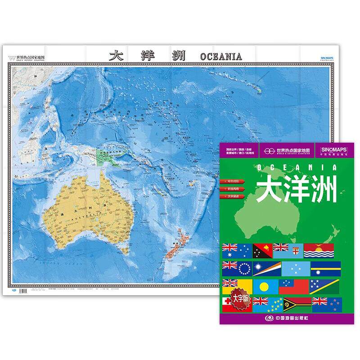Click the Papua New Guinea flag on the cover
(x=262, y=250)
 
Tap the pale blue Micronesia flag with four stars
(x=293, y=269)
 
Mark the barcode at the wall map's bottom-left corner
(x=12, y=293)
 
